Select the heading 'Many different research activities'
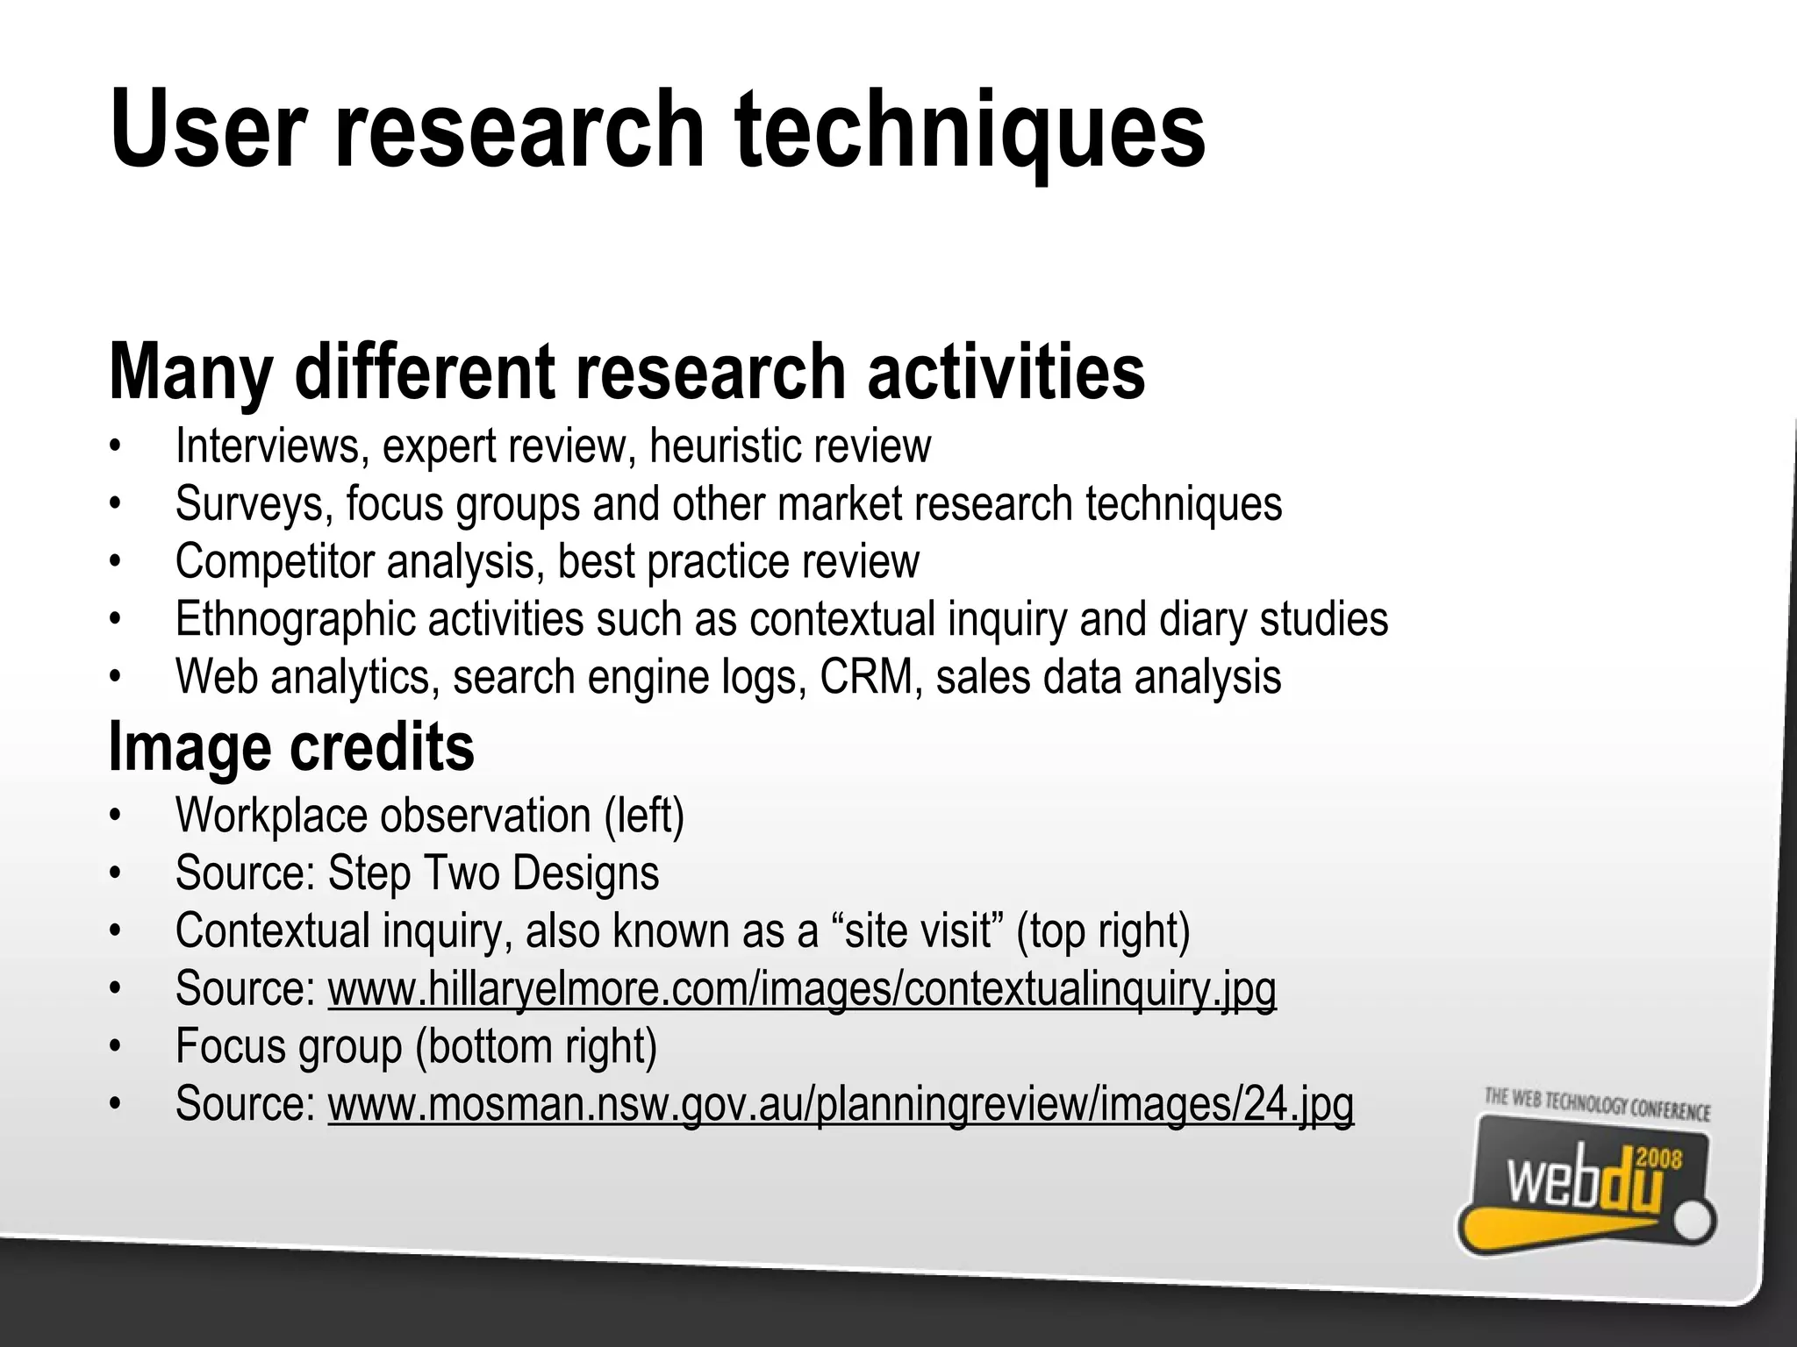626,372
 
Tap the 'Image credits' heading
291,747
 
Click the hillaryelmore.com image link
801,988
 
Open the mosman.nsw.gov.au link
840,1104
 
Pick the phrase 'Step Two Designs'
493,873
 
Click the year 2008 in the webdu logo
1659,1159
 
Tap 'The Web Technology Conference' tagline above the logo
1597,1104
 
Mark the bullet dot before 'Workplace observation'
113,816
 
